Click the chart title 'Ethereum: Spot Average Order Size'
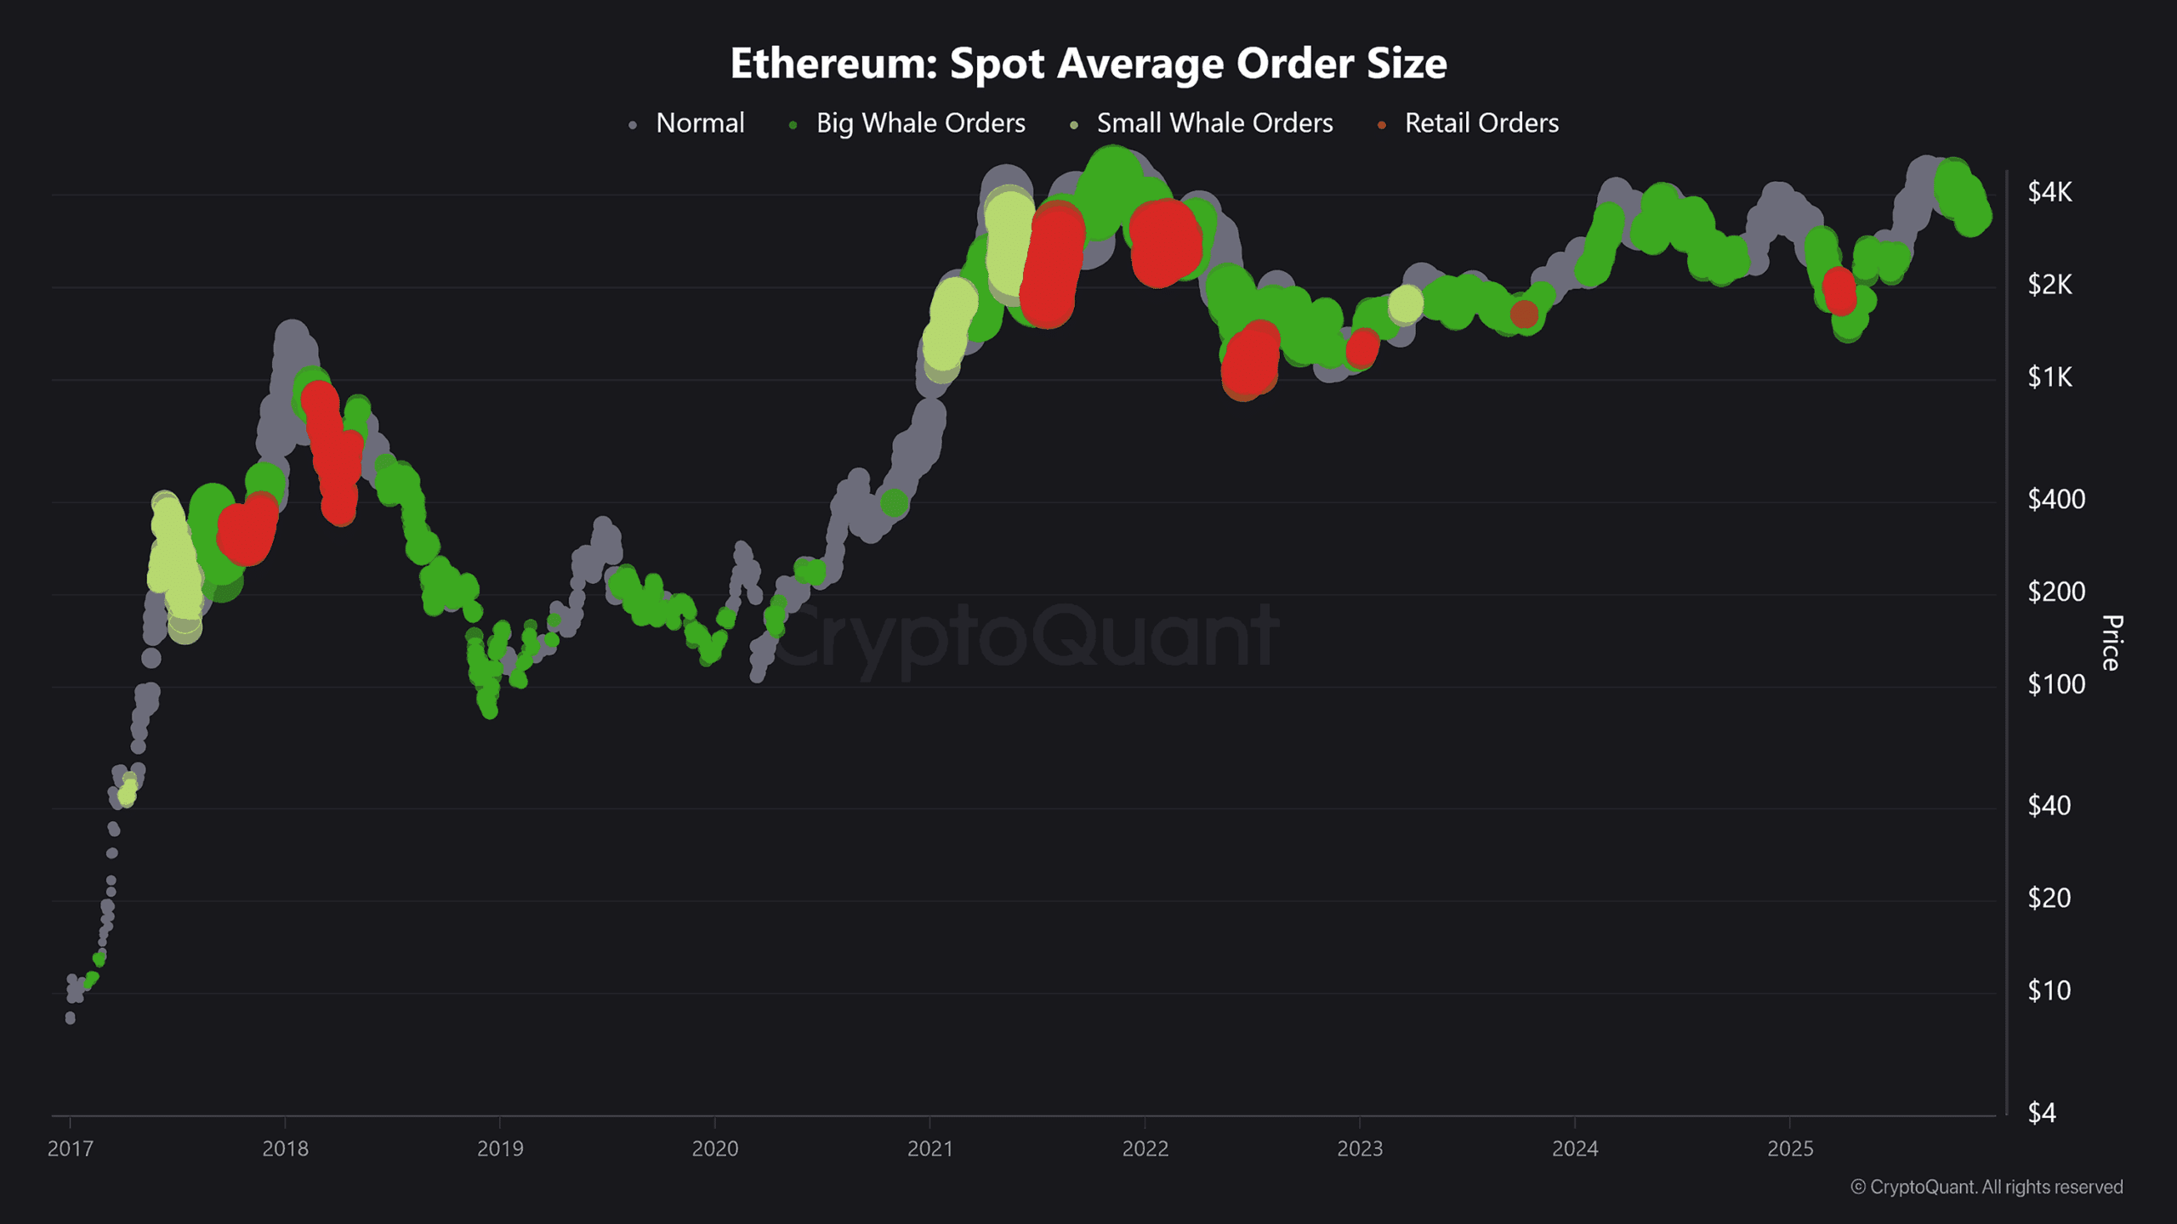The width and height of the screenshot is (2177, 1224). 1088,64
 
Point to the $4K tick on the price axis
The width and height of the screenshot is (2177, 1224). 2049,192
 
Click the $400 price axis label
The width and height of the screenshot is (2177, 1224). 2055,499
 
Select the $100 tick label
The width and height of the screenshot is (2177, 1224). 2055,683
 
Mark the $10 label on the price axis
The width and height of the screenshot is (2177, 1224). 2049,990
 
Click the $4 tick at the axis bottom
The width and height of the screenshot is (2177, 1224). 2041,1113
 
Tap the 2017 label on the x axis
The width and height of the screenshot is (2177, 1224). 70,1149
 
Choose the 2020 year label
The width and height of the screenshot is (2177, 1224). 714,1149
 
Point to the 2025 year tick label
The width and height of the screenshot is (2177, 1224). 1790,1149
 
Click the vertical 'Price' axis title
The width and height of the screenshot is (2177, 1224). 2112,643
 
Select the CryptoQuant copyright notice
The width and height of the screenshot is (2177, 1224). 1987,1187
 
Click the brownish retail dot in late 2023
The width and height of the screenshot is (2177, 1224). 1524,314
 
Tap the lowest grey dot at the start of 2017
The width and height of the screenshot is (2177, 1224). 70,1017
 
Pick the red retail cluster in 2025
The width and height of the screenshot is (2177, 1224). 1839,291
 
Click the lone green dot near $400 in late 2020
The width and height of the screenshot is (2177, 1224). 894,503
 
